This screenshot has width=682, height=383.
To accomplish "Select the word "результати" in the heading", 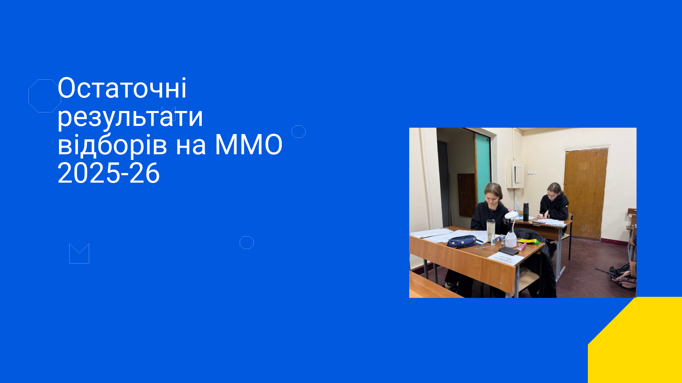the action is coord(130,117).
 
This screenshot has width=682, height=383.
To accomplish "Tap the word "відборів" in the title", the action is coord(112,145).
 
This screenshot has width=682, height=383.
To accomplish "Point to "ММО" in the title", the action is coord(249,145).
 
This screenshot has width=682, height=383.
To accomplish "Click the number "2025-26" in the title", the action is coord(108,173).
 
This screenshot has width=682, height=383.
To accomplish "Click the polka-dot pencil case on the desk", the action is coord(462,242).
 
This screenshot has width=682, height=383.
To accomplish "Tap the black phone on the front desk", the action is coord(509,251).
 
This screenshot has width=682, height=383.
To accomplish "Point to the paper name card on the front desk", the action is coord(505,259).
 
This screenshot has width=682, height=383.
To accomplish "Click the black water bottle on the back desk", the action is coord(526,212).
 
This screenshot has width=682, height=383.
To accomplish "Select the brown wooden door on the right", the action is coord(585,194).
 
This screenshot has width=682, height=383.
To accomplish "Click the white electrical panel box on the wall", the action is coord(515,174).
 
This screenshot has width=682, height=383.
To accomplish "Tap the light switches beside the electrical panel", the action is coord(531,173).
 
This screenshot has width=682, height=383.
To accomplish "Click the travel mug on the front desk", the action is coord(491,230).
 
